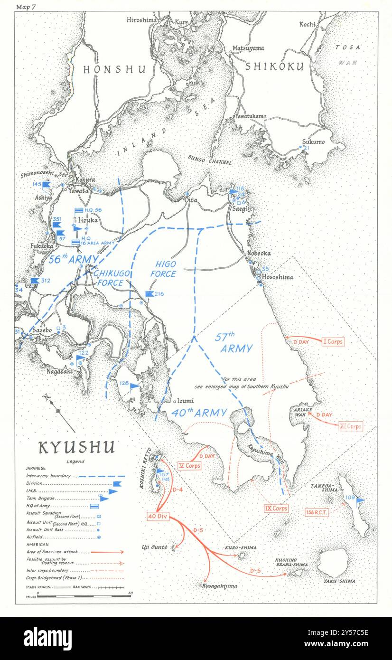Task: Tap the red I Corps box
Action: (x=333, y=341)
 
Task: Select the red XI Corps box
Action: (x=351, y=426)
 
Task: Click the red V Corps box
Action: (x=189, y=465)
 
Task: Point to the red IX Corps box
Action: (x=276, y=508)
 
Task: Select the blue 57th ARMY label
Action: (x=236, y=343)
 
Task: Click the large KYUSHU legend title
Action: (x=76, y=448)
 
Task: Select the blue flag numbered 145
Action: (x=46, y=184)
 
